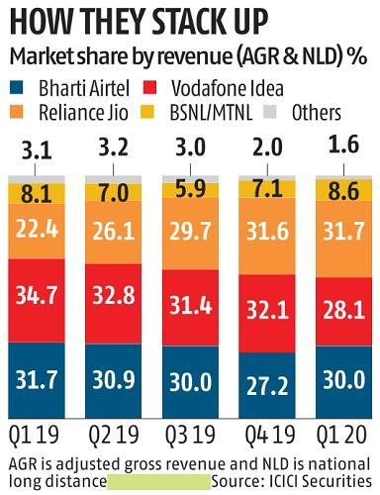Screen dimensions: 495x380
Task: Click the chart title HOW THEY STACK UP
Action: click(x=148, y=19)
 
